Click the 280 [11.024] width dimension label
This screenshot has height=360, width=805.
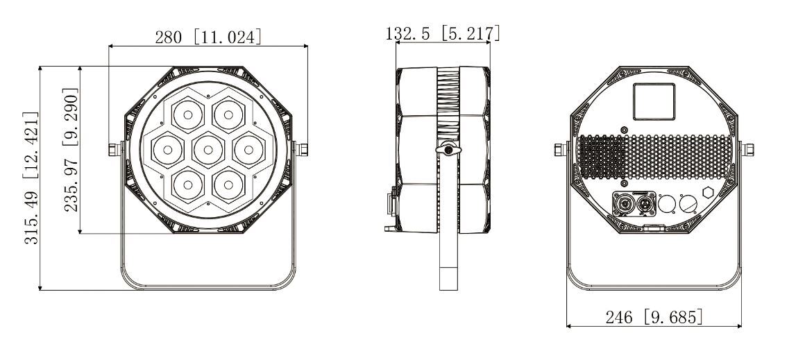(208, 37)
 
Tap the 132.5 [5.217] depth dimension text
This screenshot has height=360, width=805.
(443, 33)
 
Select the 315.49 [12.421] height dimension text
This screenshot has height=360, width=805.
(31, 178)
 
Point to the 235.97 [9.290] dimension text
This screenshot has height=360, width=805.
(71, 150)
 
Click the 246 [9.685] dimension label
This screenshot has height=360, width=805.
(654, 317)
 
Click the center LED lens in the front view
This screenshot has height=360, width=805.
(208, 150)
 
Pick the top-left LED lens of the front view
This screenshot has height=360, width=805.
(188, 115)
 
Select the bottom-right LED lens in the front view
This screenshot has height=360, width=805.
(228, 185)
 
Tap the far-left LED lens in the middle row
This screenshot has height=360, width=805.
(167, 150)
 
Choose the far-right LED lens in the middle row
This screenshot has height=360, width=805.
(248, 150)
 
